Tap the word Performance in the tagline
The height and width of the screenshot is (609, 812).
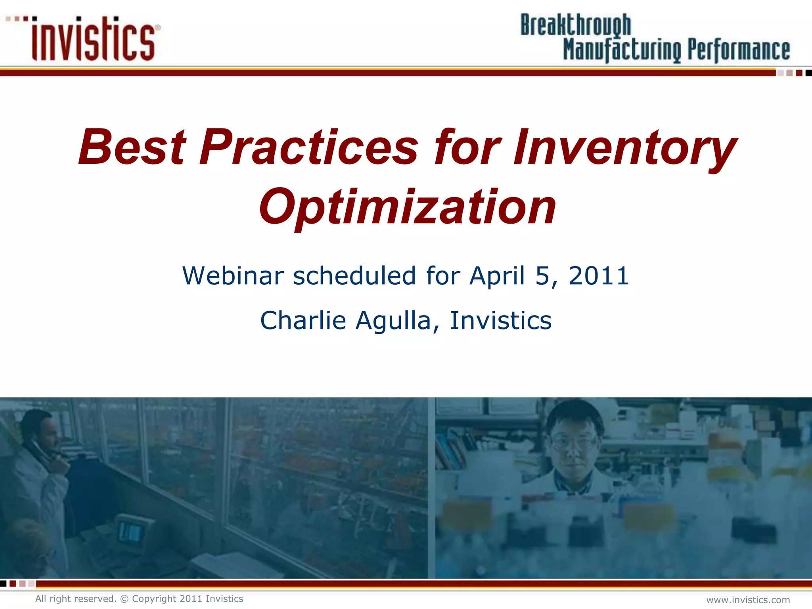click(738, 51)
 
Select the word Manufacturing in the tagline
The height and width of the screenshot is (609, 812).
click(622, 51)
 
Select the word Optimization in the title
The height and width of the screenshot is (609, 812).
click(408, 207)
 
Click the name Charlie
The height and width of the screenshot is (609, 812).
click(303, 320)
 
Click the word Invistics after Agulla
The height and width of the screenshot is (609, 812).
click(500, 320)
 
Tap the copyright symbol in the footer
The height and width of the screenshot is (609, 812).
click(124, 599)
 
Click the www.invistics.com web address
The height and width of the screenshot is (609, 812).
click(748, 600)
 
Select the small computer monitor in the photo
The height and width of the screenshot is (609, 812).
click(130, 532)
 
